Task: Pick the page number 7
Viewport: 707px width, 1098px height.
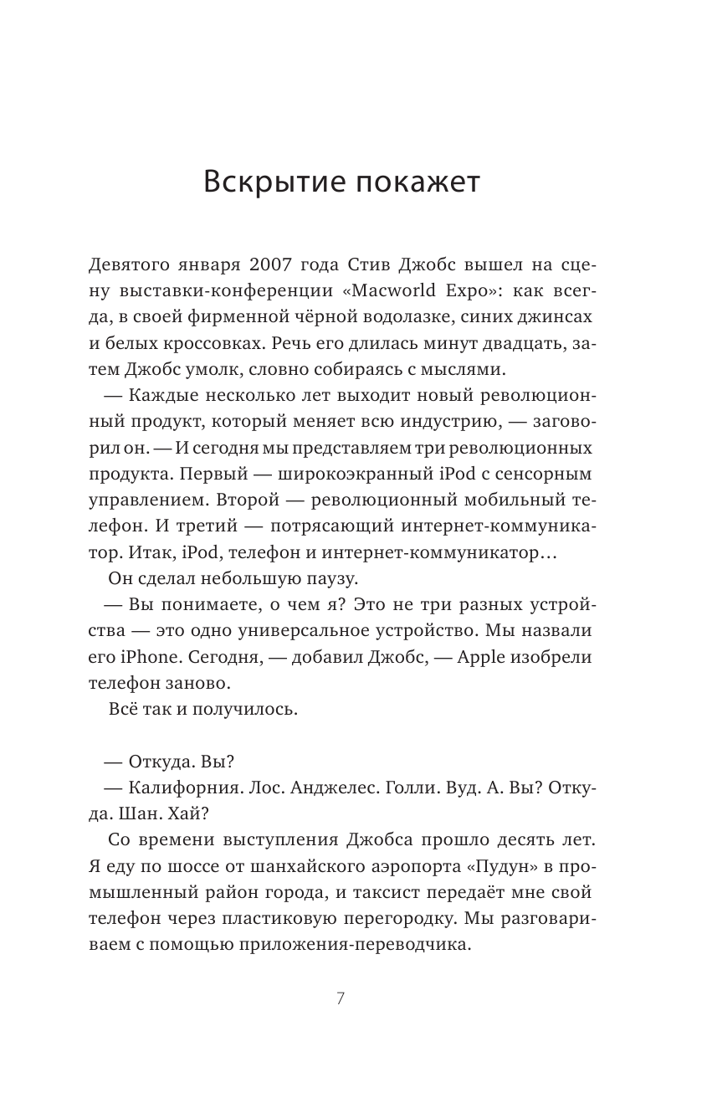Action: pos(340,998)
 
